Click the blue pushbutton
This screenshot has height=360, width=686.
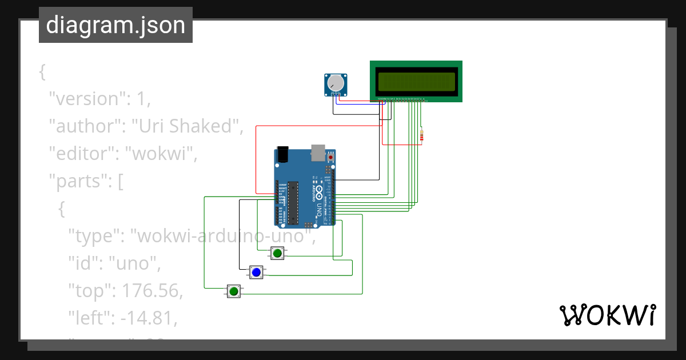click(x=256, y=273)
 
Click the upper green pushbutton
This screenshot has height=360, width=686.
click(x=277, y=253)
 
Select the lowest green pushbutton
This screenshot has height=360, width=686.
click(x=233, y=291)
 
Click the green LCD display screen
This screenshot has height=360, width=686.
click(x=416, y=82)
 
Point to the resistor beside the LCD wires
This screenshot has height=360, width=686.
click(x=421, y=135)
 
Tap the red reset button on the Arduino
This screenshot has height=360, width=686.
click(x=330, y=157)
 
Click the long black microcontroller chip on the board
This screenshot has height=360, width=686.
click(x=293, y=202)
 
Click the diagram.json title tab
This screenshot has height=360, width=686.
click(x=115, y=25)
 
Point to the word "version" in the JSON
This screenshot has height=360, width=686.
click(x=87, y=99)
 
